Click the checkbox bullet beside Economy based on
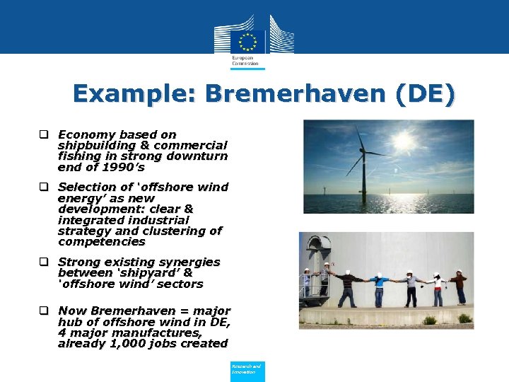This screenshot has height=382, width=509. click(x=44, y=134)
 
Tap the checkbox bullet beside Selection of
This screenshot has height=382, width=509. click(x=44, y=187)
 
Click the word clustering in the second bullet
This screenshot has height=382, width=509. click(x=169, y=231)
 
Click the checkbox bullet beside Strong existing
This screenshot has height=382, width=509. click(x=44, y=262)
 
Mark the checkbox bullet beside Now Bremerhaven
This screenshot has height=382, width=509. click(x=44, y=311)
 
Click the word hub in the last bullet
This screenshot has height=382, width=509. click(x=69, y=322)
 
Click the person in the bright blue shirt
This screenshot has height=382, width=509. click(x=380, y=286)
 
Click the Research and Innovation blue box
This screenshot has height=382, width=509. click(x=247, y=371)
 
